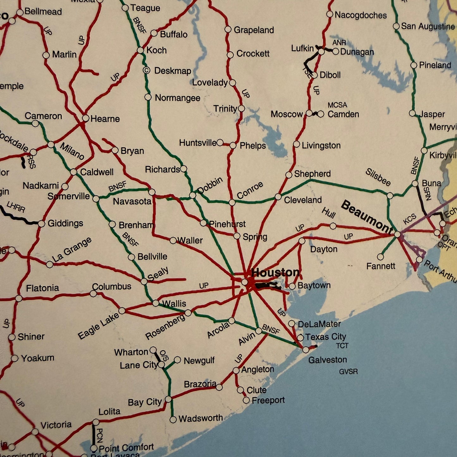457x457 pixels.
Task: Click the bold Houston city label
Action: tap(275, 272)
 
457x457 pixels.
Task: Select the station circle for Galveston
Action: tap(306, 350)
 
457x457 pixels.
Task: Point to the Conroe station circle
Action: tap(232, 202)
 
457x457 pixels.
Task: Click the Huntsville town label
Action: tap(198, 143)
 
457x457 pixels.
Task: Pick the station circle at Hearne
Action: tap(85, 118)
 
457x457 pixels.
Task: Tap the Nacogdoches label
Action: tap(361, 15)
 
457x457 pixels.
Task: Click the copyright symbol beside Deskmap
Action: tap(146, 70)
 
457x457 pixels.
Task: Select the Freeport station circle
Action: tap(246, 400)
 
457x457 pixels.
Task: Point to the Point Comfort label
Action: tap(126, 448)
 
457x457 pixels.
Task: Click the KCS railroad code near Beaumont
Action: tap(410, 219)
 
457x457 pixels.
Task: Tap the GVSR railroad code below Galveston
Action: tap(348, 371)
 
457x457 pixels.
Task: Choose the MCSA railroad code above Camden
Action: tap(337, 105)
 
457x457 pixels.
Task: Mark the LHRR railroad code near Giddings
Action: tap(16, 207)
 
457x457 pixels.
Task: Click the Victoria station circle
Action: tap(35, 432)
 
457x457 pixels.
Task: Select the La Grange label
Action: tap(72, 250)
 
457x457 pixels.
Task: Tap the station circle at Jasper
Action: tap(412, 113)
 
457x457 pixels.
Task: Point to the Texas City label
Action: tap(325, 337)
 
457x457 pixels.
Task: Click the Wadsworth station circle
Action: tap(173, 420)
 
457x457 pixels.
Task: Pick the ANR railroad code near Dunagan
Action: tap(339, 42)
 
